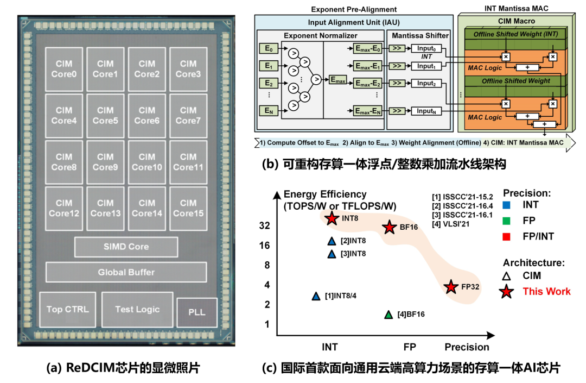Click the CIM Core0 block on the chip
[x=63, y=69]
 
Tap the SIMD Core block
[x=126, y=247]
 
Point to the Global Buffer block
[x=126, y=272]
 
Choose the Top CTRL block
[x=68, y=309]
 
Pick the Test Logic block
[x=137, y=309]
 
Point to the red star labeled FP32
[x=450, y=287]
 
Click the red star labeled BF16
[x=389, y=227]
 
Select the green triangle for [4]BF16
[x=388, y=315]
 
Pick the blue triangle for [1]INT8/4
[x=316, y=296]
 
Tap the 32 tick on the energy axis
[x=264, y=225]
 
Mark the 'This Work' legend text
[x=546, y=292]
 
